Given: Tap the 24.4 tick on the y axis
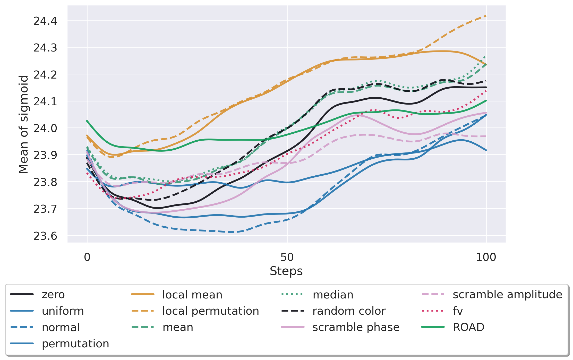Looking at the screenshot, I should tap(45, 21).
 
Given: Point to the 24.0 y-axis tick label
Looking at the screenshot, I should tap(45, 128).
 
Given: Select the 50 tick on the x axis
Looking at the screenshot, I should tap(287, 257).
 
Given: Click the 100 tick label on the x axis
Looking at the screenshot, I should tap(486, 257).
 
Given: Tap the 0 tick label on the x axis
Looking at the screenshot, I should tap(87, 257).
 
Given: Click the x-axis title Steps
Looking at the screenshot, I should tap(286, 271).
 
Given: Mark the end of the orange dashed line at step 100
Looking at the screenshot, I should tap(486, 16).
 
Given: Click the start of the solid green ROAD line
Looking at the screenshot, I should tap(87, 121).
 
